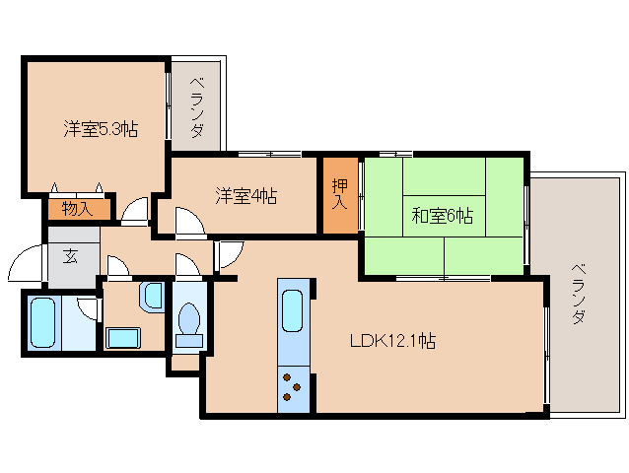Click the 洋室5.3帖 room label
tap(101, 129)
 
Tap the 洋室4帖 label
tap(245, 196)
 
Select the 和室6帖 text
tap(442, 216)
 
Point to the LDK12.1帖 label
tap(392, 341)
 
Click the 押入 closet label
tap(340, 193)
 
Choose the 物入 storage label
tap(78, 209)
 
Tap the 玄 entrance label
tap(70, 256)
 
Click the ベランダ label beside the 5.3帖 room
tap(196, 107)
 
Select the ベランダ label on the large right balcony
tap(578, 294)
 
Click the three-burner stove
tap(293, 388)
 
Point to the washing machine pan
tap(123, 338)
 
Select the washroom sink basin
tap(153, 297)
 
